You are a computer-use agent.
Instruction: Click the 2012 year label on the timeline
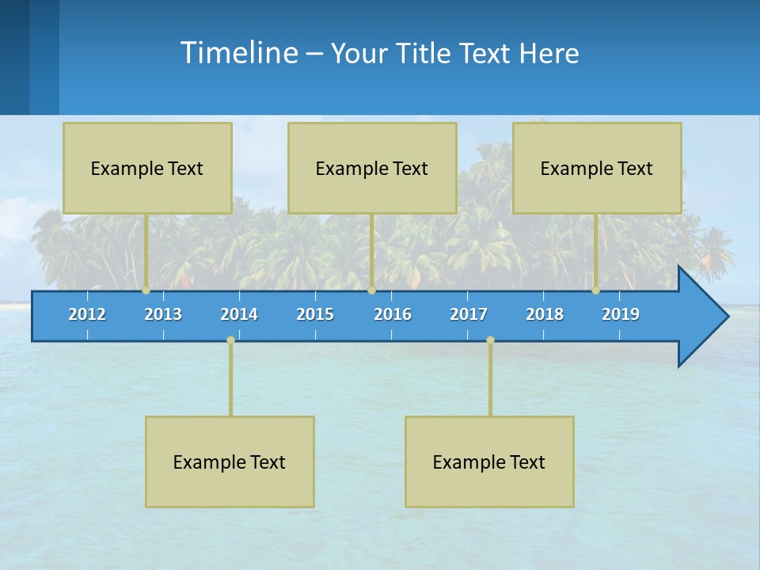(x=87, y=314)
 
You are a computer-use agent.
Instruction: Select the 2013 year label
(x=163, y=314)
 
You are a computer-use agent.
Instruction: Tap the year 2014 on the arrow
(x=239, y=314)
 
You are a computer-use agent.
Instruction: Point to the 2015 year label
(x=315, y=314)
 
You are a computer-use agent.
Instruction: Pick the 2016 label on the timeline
(x=393, y=314)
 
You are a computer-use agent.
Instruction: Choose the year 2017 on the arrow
(x=469, y=314)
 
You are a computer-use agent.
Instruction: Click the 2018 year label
(x=545, y=314)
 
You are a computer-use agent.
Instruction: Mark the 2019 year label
(x=621, y=314)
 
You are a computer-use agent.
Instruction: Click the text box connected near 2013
(x=147, y=168)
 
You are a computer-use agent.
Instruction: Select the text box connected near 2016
(x=372, y=168)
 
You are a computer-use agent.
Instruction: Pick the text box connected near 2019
(x=597, y=168)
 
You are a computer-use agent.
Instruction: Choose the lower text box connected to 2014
(x=230, y=462)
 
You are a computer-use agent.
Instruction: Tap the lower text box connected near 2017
(x=489, y=462)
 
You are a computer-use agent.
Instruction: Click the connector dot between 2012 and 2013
(x=146, y=291)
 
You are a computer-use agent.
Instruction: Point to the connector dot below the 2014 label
(x=230, y=340)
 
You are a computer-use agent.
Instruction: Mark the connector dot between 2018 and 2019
(x=596, y=291)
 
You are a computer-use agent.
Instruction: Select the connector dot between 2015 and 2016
(x=371, y=291)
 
